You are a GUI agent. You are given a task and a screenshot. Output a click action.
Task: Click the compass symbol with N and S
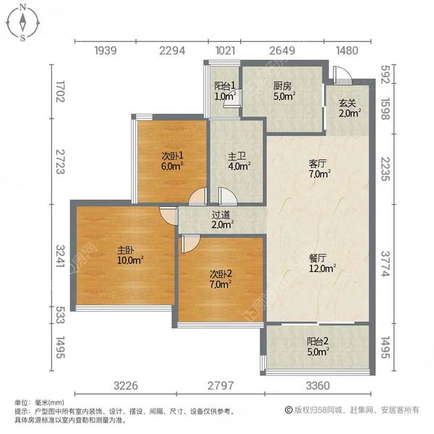[23, 22]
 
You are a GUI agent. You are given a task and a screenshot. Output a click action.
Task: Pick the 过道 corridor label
[221, 214]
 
